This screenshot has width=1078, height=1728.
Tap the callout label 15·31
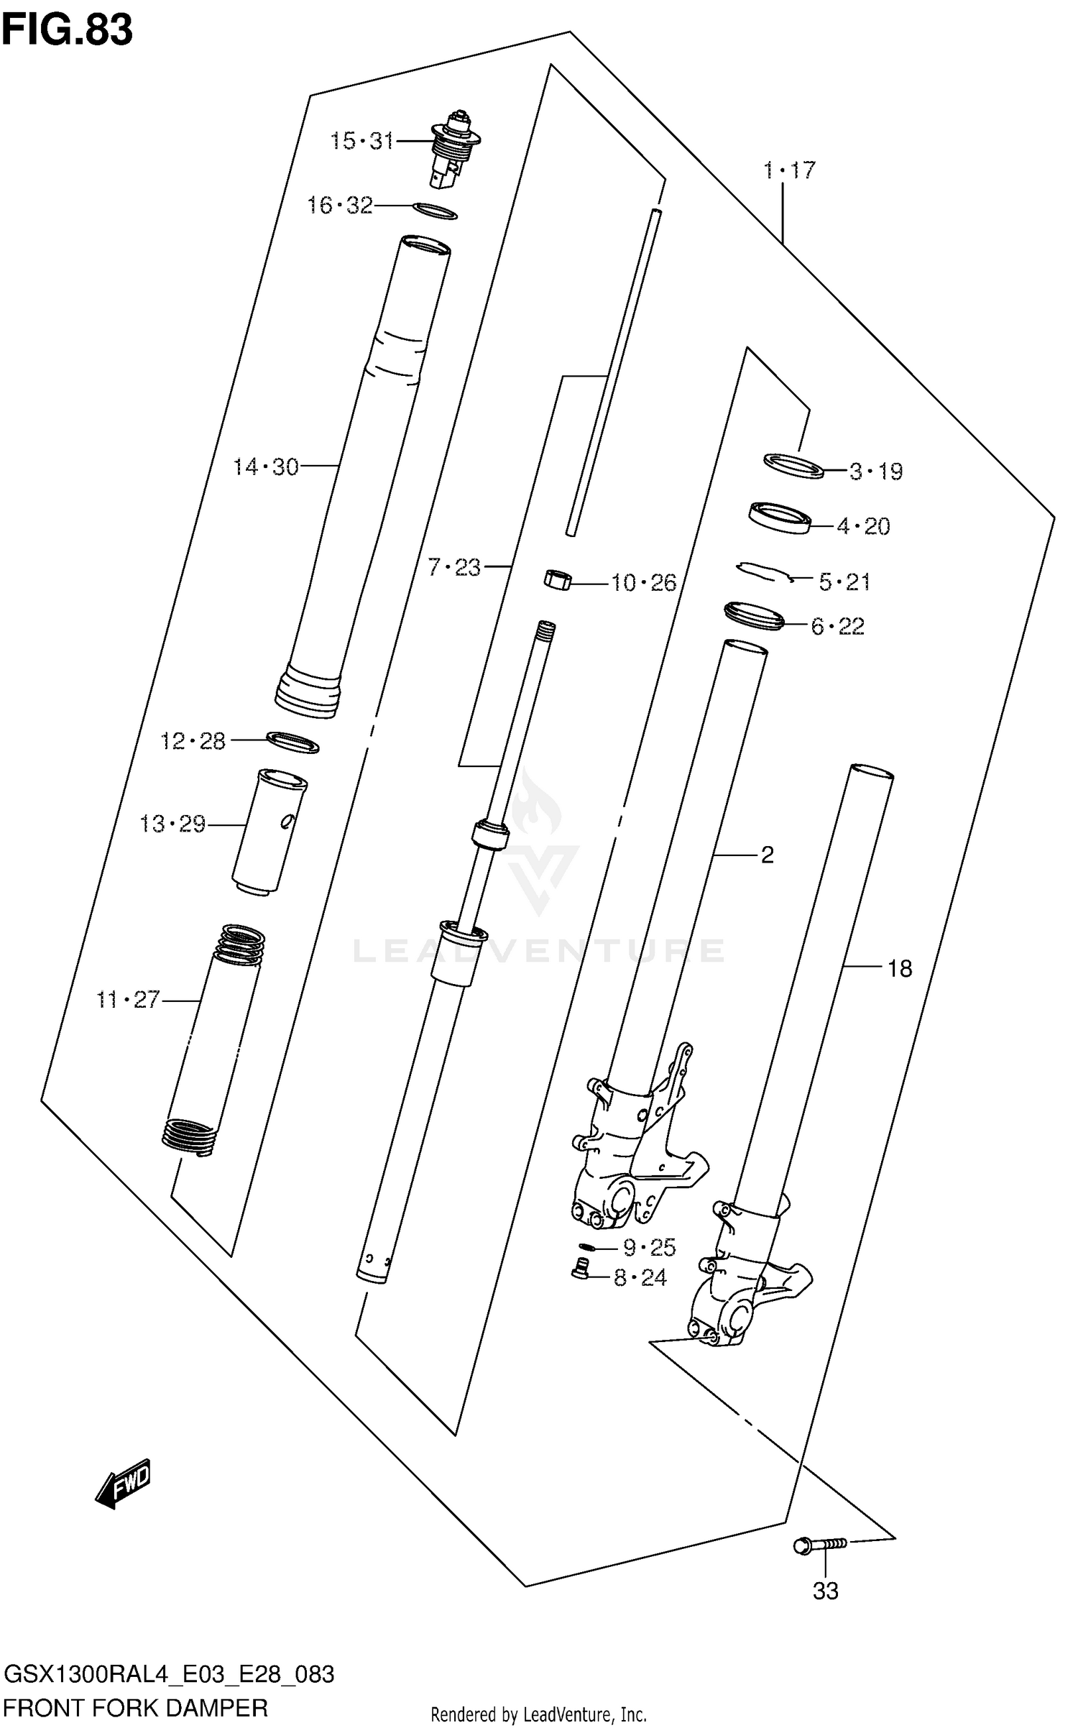[362, 141]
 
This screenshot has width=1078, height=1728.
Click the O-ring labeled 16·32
[436, 211]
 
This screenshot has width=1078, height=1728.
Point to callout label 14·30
[265, 467]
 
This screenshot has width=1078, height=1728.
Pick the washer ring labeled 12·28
[292, 742]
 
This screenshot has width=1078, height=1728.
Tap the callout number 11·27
[128, 1000]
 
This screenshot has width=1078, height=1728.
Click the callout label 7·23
[454, 568]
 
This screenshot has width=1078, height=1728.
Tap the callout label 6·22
[837, 627]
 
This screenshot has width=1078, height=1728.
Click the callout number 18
[900, 969]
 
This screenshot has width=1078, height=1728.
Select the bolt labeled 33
[819, 1544]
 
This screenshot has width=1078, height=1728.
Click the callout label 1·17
[789, 170]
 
